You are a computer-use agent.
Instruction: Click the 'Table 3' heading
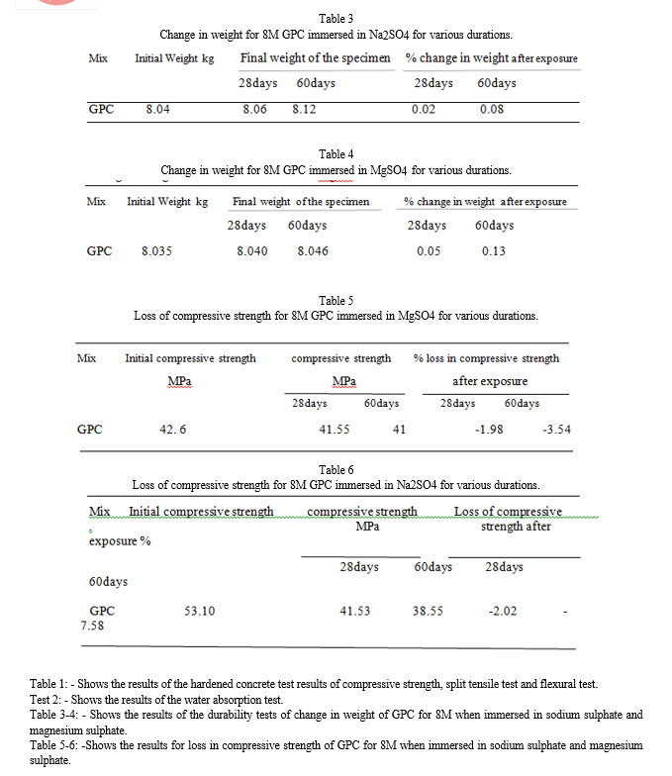pyautogui.click(x=334, y=19)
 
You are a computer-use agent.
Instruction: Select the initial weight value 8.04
pyautogui.click(x=157, y=109)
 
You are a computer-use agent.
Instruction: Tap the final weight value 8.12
pyautogui.click(x=304, y=109)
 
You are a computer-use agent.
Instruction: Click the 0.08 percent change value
pyautogui.click(x=491, y=109)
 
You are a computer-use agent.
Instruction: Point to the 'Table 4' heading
pyautogui.click(x=334, y=154)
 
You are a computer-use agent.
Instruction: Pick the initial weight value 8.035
pyautogui.click(x=156, y=251)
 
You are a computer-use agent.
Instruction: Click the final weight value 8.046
pyautogui.click(x=313, y=251)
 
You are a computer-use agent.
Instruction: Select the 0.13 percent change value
pyautogui.click(x=494, y=251)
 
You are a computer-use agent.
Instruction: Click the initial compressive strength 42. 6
pyautogui.click(x=173, y=430)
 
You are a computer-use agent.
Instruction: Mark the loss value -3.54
pyautogui.click(x=557, y=430)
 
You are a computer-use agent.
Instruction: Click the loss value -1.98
pyautogui.click(x=489, y=430)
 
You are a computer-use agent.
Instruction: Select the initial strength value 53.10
pyautogui.click(x=200, y=611)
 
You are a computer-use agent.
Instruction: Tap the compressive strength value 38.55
pyautogui.click(x=428, y=611)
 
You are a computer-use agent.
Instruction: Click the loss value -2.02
pyautogui.click(x=503, y=611)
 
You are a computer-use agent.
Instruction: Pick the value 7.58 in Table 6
pyautogui.click(x=93, y=627)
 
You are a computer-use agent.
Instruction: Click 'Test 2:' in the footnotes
pyautogui.click(x=48, y=699)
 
